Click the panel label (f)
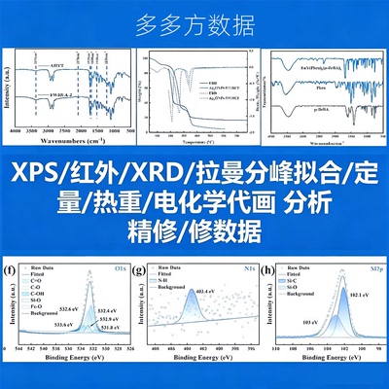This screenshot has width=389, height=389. pos(10,268)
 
